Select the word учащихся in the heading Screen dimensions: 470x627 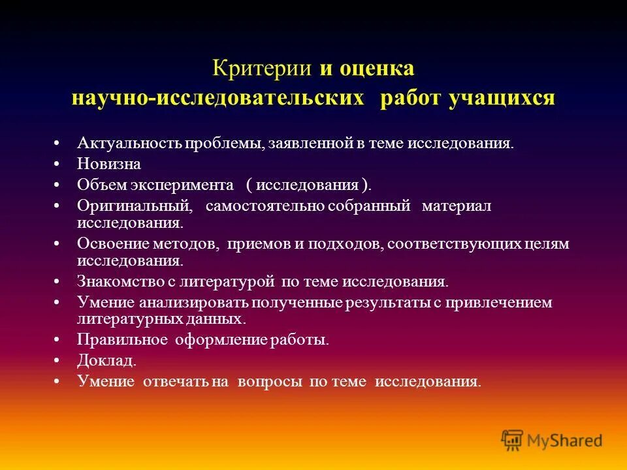(x=501, y=99)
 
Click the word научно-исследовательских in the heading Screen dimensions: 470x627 (x=217, y=99)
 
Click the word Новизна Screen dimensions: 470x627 (x=108, y=164)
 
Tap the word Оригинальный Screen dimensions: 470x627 (x=135, y=206)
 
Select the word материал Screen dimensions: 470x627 (x=456, y=206)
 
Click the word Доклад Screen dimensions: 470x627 (x=106, y=360)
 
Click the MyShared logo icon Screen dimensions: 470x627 (x=512, y=441)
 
